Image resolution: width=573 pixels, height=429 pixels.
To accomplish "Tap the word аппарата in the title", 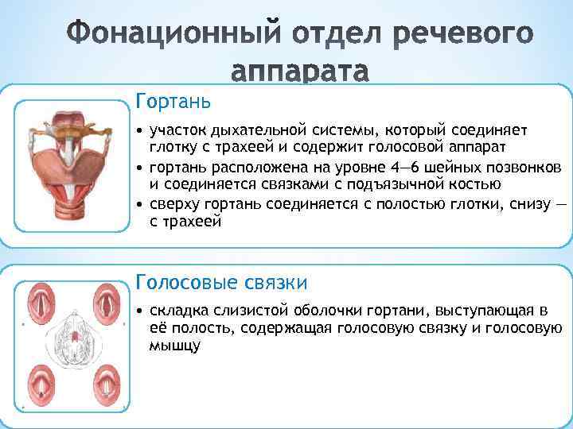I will tap(300, 72).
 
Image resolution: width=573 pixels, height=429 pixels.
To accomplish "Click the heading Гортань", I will tap(173, 102).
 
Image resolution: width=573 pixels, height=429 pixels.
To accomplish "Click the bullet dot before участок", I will tap(140, 129).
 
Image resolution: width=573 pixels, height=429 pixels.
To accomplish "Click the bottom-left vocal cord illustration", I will tap(39, 385).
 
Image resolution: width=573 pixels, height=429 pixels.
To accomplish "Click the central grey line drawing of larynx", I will tap(72, 344).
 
